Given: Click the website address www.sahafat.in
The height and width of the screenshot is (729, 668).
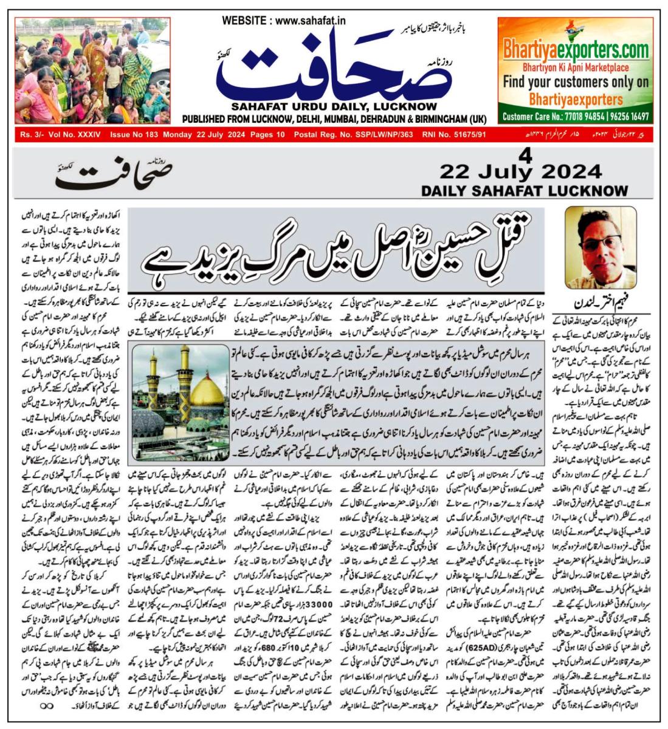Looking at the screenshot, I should click(310, 21).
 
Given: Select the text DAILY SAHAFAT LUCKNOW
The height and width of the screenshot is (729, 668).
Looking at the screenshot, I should click(524, 190).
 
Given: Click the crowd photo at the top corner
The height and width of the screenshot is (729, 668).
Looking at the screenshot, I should click(92, 70).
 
